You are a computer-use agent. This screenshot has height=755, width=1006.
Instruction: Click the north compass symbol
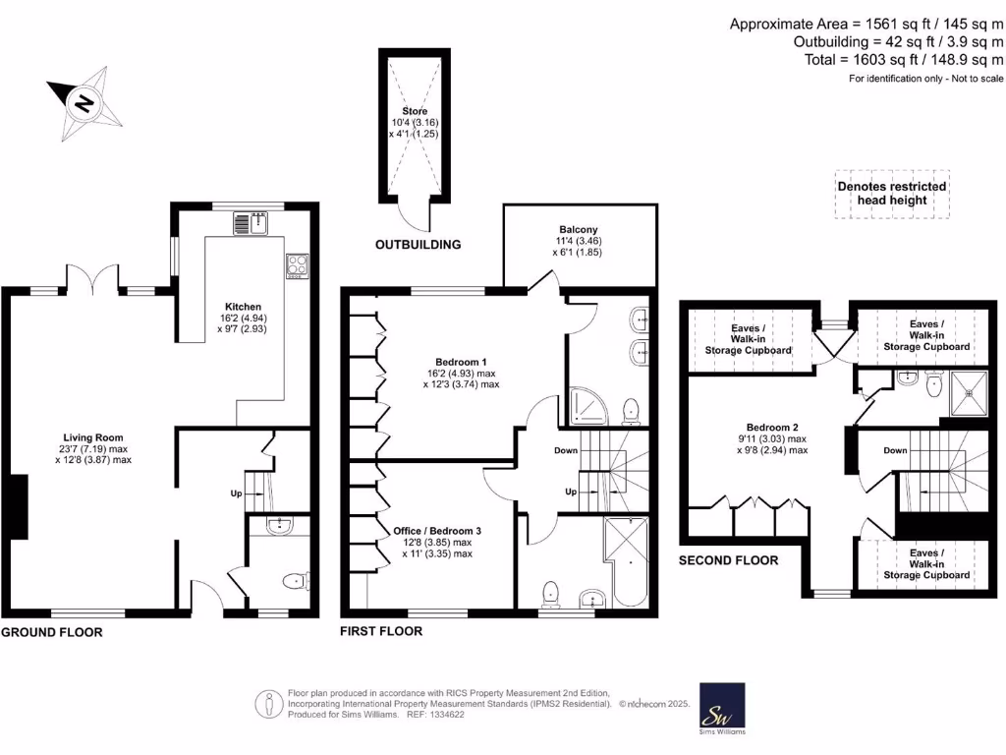[x=85, y=102]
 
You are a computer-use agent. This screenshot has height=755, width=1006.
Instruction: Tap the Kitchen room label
[x=242, y=306]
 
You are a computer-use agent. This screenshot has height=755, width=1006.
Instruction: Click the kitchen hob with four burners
[x=296, y=263]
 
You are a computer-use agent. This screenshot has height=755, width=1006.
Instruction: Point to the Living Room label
[x=93, y=438]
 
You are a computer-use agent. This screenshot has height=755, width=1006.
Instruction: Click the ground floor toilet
[x=294, y=582]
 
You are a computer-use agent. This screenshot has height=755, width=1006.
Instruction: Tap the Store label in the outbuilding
[x=414, y=111]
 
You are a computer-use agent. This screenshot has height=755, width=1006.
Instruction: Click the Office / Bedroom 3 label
[x=437, y=530]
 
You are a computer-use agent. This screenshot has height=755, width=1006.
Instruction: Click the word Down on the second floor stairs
[x=895, y=450]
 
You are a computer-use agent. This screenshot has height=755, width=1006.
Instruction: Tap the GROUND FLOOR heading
[x=51, y=632]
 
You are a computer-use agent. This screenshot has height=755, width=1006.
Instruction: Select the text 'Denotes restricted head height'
[x=892, y=193]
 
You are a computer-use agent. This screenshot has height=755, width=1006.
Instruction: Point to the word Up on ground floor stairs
[x=236, y=493]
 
